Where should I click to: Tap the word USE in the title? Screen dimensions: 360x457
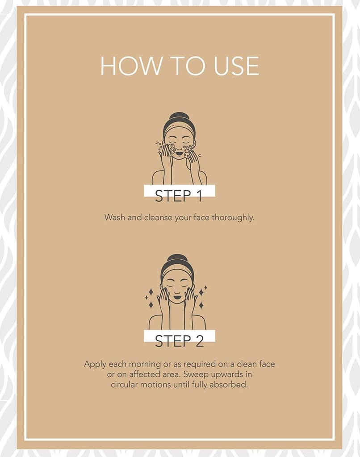(237, 66)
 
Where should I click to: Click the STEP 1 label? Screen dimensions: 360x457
(179, 196)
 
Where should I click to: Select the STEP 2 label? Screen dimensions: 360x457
(179, 341)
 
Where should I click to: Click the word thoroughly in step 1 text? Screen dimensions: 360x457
(233, 218)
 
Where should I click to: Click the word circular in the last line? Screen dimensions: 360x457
(124, 384)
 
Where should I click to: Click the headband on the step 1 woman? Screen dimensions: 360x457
(179, 130)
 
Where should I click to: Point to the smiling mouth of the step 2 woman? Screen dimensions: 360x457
(177, 298)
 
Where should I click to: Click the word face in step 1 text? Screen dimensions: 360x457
(201, 217)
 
